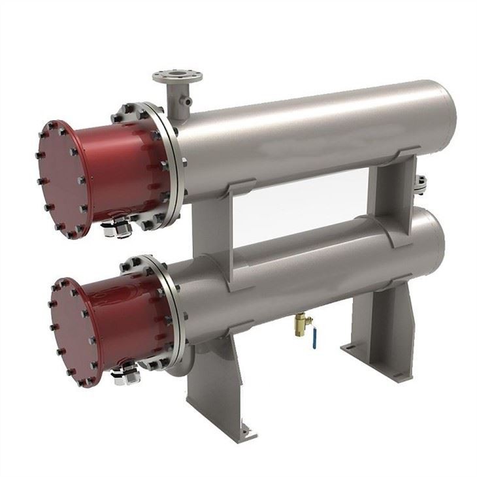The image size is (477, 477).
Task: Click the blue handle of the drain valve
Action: tap(315, 340)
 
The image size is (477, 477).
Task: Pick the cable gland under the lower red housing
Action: tap(122, 372)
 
